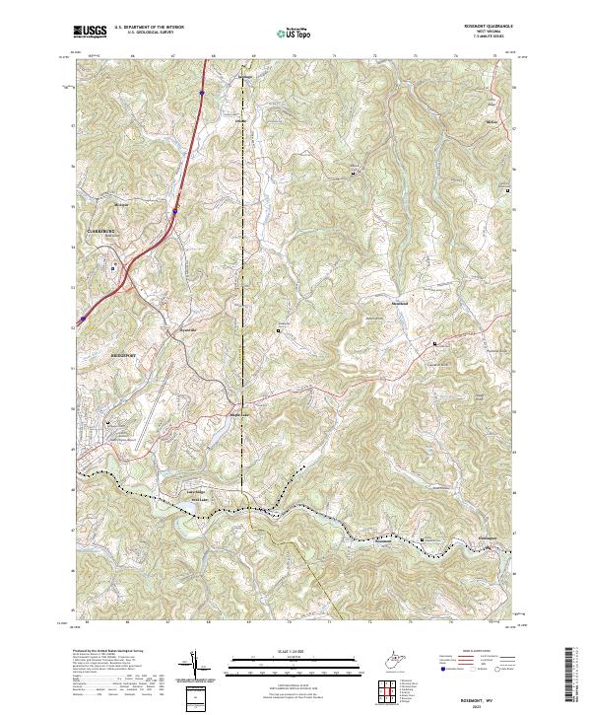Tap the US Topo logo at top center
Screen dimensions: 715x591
tap(294, 33)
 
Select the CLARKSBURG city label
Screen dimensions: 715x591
tap(94, 231)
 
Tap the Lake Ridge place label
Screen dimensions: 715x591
tap(196, 490)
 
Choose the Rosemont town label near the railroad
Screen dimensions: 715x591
tap(384, 539)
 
